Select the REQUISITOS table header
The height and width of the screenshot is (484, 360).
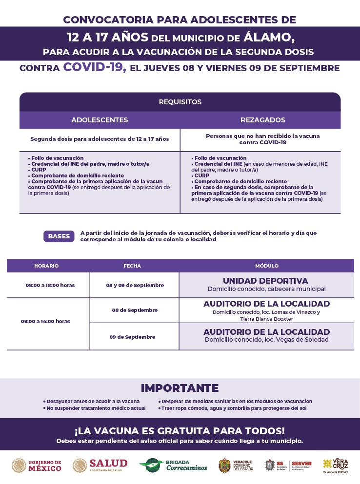click(180, 102)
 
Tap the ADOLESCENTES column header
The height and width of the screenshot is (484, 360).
click(100, 120)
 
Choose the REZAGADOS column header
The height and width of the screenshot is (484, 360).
click(262, 120)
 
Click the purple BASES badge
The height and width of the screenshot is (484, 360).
click(59, 236)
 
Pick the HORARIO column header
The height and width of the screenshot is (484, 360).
click(46, 266)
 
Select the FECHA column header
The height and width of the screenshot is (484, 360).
click(132, 266)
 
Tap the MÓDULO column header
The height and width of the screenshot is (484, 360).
click(267, 266)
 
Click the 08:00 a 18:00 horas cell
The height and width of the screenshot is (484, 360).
click(50, 285)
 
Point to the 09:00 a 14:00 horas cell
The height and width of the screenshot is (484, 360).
click(45, 321)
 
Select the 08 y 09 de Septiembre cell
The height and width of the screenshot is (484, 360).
click(135, 285)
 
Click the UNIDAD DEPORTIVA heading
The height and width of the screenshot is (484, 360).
click(265, 281)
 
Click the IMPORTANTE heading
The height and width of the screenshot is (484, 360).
click(180, 388)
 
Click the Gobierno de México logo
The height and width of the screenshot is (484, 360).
click(37, 465)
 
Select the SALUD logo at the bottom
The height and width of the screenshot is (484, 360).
click(100, 465)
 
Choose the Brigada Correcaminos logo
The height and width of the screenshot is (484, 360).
click(173, 465)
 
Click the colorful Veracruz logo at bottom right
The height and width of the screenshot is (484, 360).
click(335, 465)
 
